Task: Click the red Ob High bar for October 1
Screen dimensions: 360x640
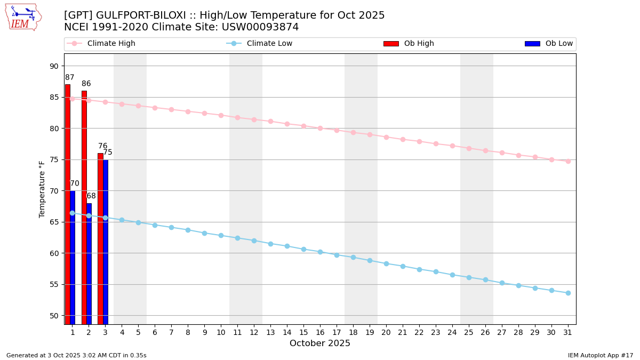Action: tap(68, 203)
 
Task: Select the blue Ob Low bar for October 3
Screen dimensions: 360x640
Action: tap(106, 240)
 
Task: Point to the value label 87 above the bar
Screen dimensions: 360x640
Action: tap(69, 78)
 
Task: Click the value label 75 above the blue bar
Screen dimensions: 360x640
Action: tap(108, 153)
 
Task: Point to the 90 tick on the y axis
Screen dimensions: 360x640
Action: tap(54, 66)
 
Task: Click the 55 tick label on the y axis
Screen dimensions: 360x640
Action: tap(54, 284)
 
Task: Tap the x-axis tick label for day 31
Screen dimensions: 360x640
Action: tap(568, 332)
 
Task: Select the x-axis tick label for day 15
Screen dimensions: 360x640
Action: tap(303, 332)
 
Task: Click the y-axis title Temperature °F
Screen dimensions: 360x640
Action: tap(43, 189)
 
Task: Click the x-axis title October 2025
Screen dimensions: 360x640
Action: tap(320, 343)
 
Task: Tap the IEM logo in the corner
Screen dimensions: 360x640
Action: tap(23, 17)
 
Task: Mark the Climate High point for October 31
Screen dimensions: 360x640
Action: tap(568, 161)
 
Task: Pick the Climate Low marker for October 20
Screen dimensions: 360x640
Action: tap(386, 263)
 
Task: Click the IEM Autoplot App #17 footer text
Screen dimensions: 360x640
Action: tap(600, 355)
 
